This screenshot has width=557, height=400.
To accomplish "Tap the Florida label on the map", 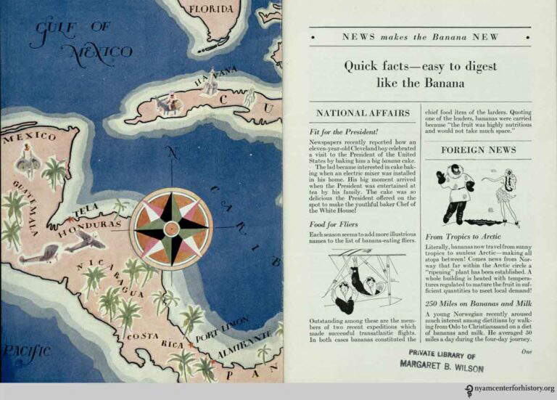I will pos(211,9).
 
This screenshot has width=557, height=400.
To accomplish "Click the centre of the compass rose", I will pos(171,228).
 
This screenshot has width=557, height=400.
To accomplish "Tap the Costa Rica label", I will pos(155,340).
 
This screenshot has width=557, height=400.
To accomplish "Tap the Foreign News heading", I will pos(479,150).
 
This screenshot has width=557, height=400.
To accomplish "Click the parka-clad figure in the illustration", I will pos(455,192).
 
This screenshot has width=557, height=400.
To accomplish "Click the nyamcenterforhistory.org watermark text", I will pos(503,389).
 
